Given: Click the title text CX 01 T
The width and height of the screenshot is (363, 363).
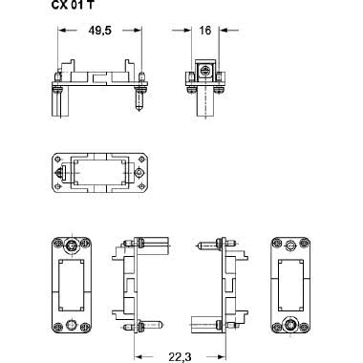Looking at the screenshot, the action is (73, 5).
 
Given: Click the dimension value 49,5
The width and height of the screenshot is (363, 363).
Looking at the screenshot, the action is (99, 31).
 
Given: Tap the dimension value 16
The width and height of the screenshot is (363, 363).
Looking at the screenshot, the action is (205, 31).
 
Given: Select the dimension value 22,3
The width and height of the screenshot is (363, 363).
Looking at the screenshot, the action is (180, 357).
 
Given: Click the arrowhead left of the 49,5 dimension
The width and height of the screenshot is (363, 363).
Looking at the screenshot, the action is (61, 31).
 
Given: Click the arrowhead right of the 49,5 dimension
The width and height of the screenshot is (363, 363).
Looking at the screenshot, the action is (138, 31).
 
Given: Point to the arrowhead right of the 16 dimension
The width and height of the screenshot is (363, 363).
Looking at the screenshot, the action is (223, 31).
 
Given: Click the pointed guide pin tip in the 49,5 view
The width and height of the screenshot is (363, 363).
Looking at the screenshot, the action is (139, 109).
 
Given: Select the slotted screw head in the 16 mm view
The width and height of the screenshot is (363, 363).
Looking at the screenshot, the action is (204, 71).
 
